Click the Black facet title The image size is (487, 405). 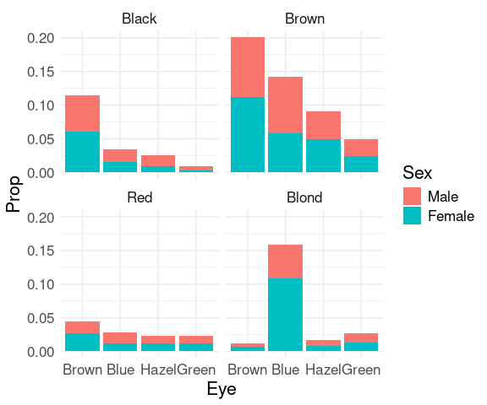pyautogui.click(x=140, y=19)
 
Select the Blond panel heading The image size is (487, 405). pyautogui.click(x=304, y=197)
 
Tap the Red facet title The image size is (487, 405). pyautogui.click(x=140, y=197)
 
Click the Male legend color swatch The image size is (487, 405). pyautogui.click(x=412, y=196)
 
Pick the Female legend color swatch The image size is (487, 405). pyautogui.click(x=412, y=215)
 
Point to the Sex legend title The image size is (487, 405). pyautogui.click(x=417, y=173)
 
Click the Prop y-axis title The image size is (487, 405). pyautogui.click(x=14, y=194)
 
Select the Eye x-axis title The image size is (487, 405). pyautogui.click(x=222, y=390)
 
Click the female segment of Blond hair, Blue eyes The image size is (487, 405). pyautogui.click(x=286, y=315)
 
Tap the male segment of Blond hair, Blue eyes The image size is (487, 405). pyautogui.click(x=286, y=262)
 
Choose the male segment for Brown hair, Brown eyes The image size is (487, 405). pyautogui.click(x=248, y=67)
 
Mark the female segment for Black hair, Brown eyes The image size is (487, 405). pyautogui.click(x=82, y=152)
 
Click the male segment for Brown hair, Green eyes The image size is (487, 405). pyautogui.click(x=361, y=148)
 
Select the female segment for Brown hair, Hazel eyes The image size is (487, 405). pyautogui.click(x=323, y=155)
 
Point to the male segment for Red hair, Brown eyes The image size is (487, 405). pyautogui.click(x=82, y=327)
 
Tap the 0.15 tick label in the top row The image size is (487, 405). pyautogui.click(x=41, y=72)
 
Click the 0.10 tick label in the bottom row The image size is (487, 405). pyautogui.click(x=41, y=284)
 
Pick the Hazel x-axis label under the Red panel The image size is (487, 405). pyautogui.click(x=158, y=370)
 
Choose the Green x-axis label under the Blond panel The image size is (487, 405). pyautogui.click(x=362, y=370)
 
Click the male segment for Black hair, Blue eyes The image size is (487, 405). pyautogui.click(x=120, y=155)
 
